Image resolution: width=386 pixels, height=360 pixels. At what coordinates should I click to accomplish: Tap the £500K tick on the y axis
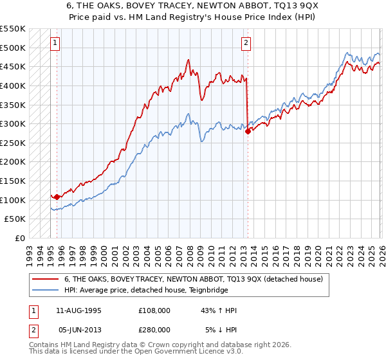(x=12, y=48)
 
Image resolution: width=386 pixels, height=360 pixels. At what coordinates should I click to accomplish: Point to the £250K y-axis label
(x=12, y=143)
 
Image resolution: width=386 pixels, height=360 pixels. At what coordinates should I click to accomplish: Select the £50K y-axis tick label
(x=15, y=219)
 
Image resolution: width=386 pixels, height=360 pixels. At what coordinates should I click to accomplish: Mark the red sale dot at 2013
(x=248, y=131)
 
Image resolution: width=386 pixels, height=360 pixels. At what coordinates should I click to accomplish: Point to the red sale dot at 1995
(x=57, y=197)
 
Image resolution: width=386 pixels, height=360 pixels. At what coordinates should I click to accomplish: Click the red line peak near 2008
(x=188, y=60)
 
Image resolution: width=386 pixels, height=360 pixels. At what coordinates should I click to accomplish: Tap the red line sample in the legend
(x=46, y=280)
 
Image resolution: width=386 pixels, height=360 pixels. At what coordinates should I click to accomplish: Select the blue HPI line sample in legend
(x=46, y=291)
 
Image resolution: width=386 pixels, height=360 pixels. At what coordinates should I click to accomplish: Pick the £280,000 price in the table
(x=154, y=329)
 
